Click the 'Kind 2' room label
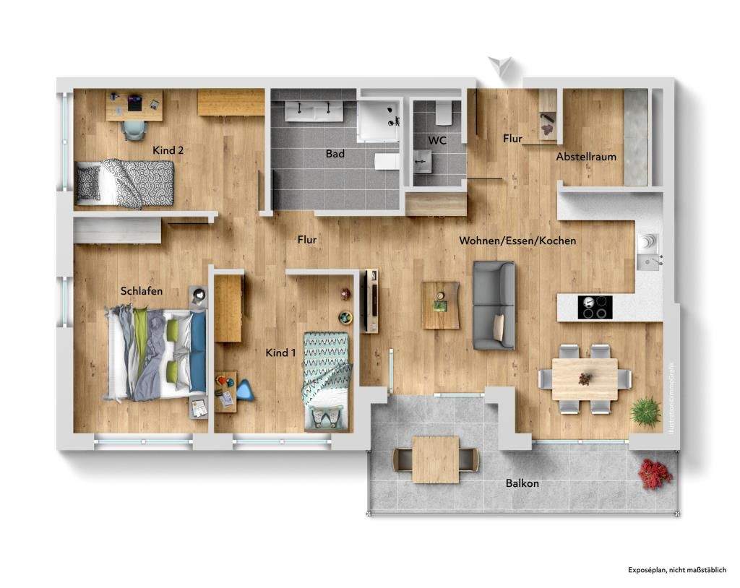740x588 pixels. tap(168, 150)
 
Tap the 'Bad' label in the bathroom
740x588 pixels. tap(335, 154)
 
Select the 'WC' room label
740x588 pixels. tap(437, 140)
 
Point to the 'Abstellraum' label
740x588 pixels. tap(586, 157)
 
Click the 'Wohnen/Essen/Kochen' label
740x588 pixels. tap(517, 241)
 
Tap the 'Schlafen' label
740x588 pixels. tap(142, 290)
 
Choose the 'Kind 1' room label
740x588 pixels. tap(282, 353)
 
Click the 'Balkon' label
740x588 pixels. tap(522, 483)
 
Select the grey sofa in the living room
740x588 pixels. tap(494, 304)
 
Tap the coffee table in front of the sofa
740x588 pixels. tap(441, 304)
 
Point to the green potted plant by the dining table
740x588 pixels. tap(645, 411)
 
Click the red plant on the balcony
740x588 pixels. tap(655, 474)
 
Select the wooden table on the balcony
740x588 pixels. tap(435, 459)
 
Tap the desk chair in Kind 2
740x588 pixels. tap(134, 127)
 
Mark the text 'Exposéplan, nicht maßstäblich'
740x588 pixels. tap(676, 570)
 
